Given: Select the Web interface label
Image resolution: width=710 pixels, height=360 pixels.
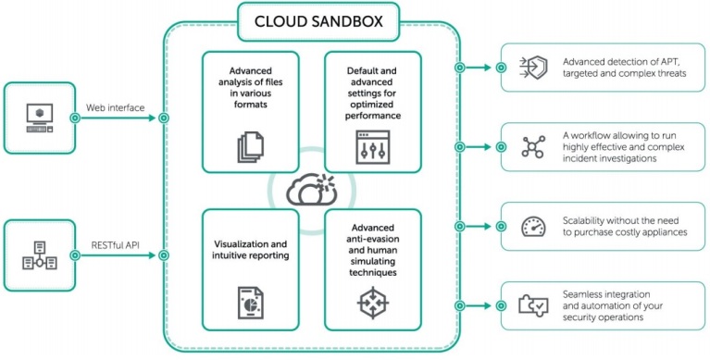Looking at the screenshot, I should click(x=115, y=108).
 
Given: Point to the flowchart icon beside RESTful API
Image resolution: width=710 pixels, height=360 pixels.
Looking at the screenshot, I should click(x=38, y=256).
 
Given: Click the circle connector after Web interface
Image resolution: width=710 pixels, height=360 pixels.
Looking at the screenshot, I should click(x=163, y=118).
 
